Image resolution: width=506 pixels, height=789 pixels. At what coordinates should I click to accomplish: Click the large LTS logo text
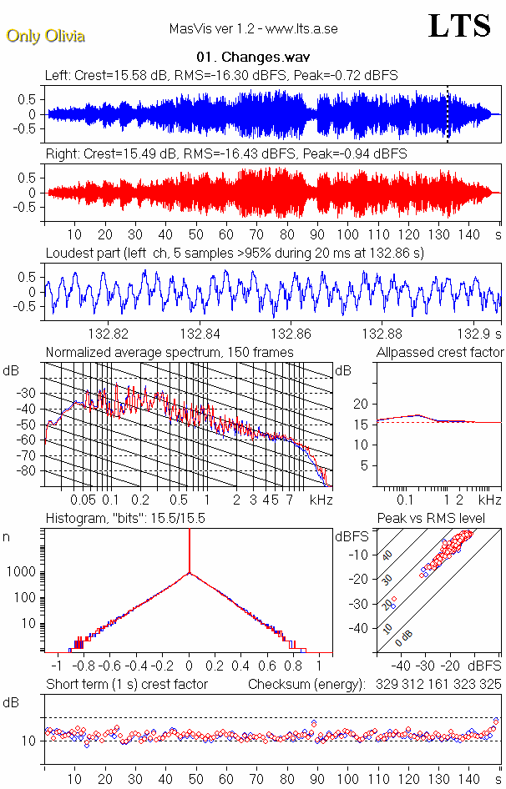(x=458, y=26)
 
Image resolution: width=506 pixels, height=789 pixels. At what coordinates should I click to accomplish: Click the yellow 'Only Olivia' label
(x=46, y=36)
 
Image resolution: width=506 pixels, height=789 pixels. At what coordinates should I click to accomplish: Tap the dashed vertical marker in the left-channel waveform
(x=448, y=114)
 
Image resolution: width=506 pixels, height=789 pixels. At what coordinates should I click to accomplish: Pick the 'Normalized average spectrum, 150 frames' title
(x=170, y=353)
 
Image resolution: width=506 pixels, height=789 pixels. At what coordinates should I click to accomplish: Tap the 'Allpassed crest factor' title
(x=440, y=353)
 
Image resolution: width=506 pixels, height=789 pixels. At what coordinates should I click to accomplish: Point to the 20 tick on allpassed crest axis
(x=361, y=404)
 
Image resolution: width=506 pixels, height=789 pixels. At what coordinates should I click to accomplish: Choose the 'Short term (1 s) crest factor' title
(x=127, y=684)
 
